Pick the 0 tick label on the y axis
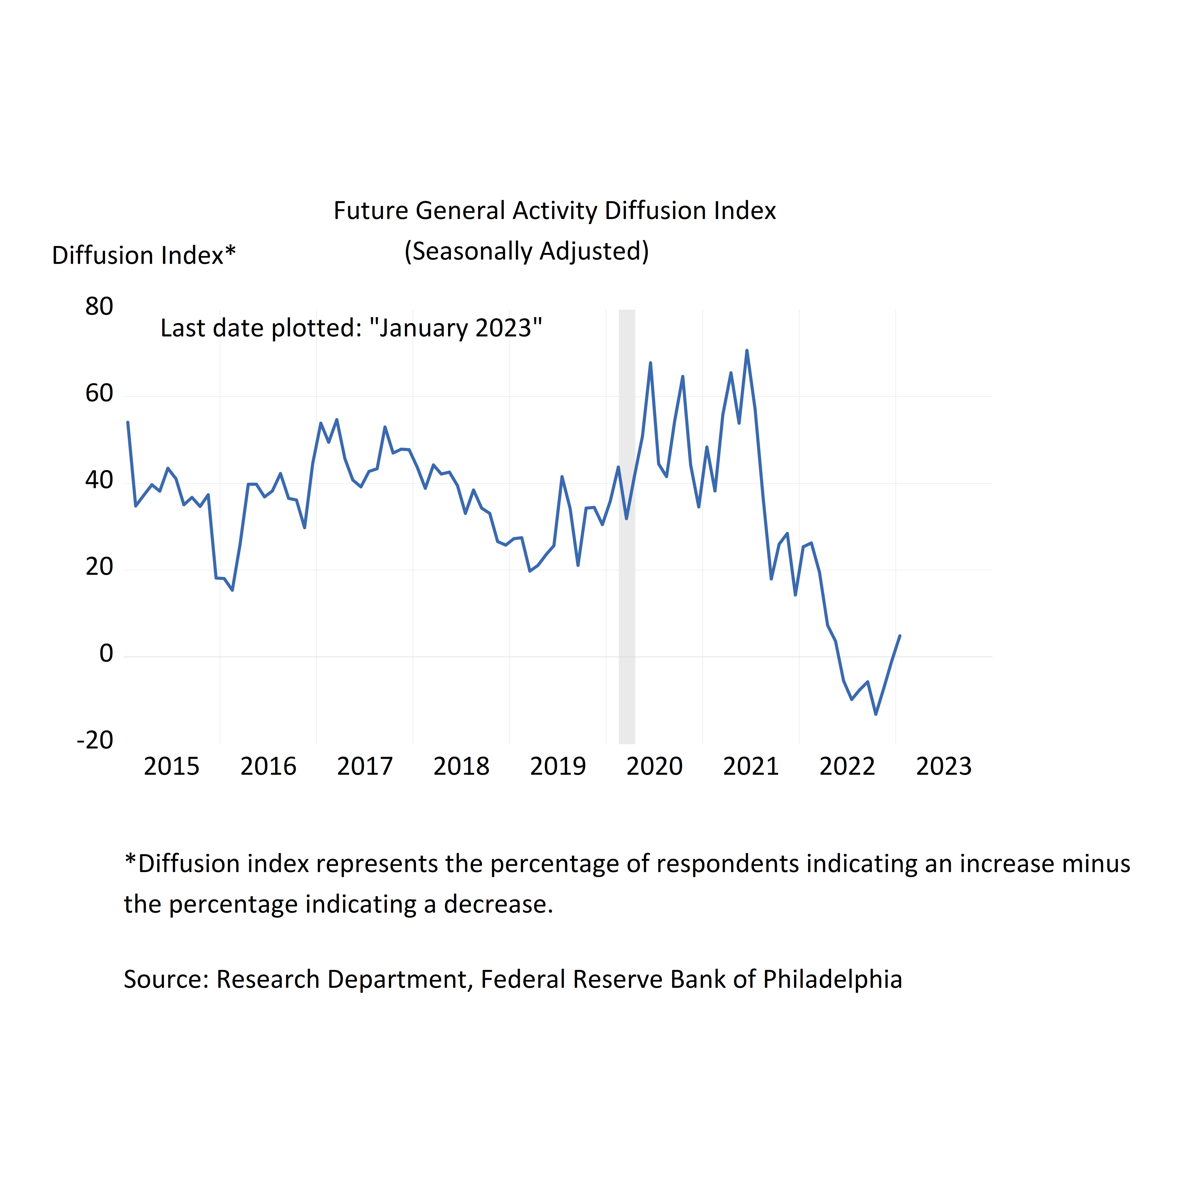coord(106,654)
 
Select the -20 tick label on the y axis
coord(95,740)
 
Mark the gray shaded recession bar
coord(627,525)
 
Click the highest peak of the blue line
coord(747,351)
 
